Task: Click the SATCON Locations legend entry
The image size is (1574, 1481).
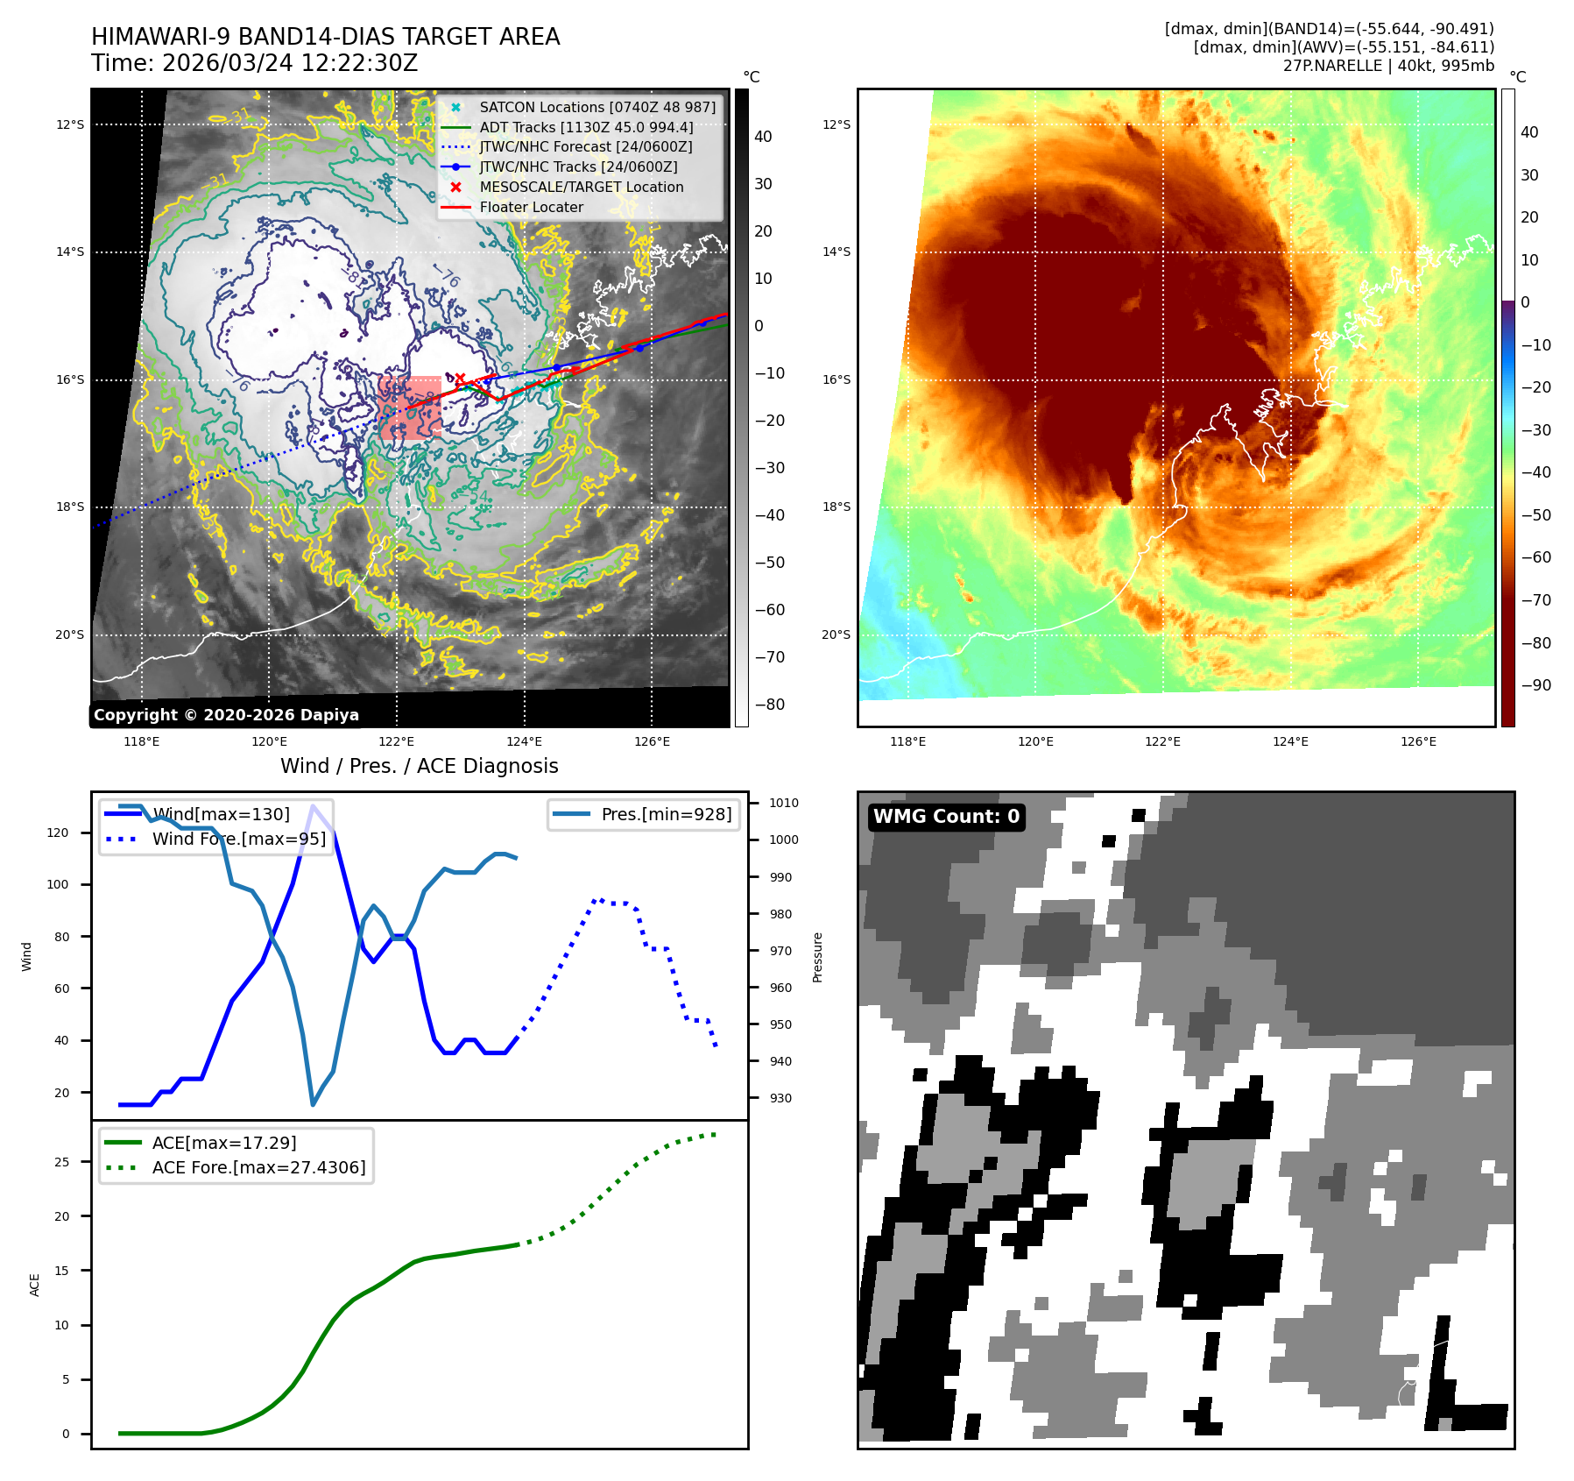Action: click(x=596, y=107)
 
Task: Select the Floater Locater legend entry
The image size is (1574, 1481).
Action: click(x=531, y=207)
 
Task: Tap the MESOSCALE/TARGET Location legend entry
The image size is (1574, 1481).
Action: click(x=581, y=187)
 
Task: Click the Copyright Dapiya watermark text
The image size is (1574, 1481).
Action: click(x=226, y=715)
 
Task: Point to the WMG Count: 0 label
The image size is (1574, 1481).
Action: click(x=946, y=817)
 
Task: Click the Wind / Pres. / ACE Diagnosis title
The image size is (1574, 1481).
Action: click(x=419, y=766)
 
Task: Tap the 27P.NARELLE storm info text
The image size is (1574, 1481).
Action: click(x=1388, y=66)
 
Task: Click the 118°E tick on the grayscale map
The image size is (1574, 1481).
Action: click(x=142, y=741)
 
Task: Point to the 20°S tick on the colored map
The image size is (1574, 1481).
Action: click(x=836, y=634)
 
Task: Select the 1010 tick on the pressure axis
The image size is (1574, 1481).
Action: click(x=783, y=803)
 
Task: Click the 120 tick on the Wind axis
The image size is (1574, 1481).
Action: click(x=58, y=833)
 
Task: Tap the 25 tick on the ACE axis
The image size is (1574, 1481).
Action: click(x=61, y=1162)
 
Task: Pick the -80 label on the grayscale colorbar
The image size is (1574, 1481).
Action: click(x=770, y=705)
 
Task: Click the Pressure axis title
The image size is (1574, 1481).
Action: click(x=817, y=957)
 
